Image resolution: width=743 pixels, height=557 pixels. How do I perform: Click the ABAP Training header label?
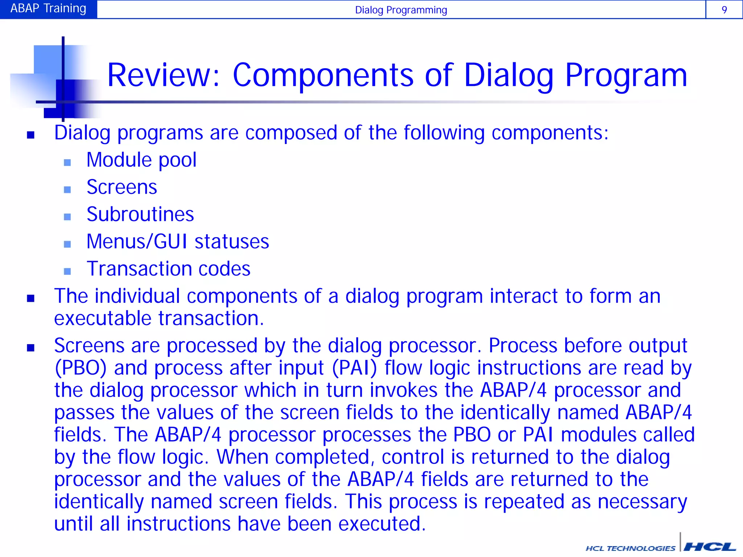tap(48, 9)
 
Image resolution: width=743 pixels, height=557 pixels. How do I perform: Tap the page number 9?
tap(724, 10)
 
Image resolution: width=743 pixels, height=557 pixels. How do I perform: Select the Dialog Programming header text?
tap(401, 10)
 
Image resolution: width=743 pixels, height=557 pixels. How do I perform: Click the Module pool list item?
tap(141, 160)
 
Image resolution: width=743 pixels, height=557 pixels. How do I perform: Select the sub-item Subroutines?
tap(140, 214)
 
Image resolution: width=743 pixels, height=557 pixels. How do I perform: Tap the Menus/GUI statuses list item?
tap(178, 242)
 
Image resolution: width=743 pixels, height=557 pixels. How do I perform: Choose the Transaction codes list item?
tap(168, 269)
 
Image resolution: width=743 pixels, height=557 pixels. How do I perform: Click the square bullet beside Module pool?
tap(67, 162)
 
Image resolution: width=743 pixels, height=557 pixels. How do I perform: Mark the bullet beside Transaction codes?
tap(67, 271)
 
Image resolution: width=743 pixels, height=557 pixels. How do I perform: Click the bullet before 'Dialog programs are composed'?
tap(31, 135)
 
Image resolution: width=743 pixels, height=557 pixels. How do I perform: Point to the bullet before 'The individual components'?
tap(31, 298)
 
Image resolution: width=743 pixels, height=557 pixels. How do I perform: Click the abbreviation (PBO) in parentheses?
tap(81, 368)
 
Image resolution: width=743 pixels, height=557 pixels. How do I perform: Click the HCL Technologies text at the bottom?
tap(630, 548)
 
